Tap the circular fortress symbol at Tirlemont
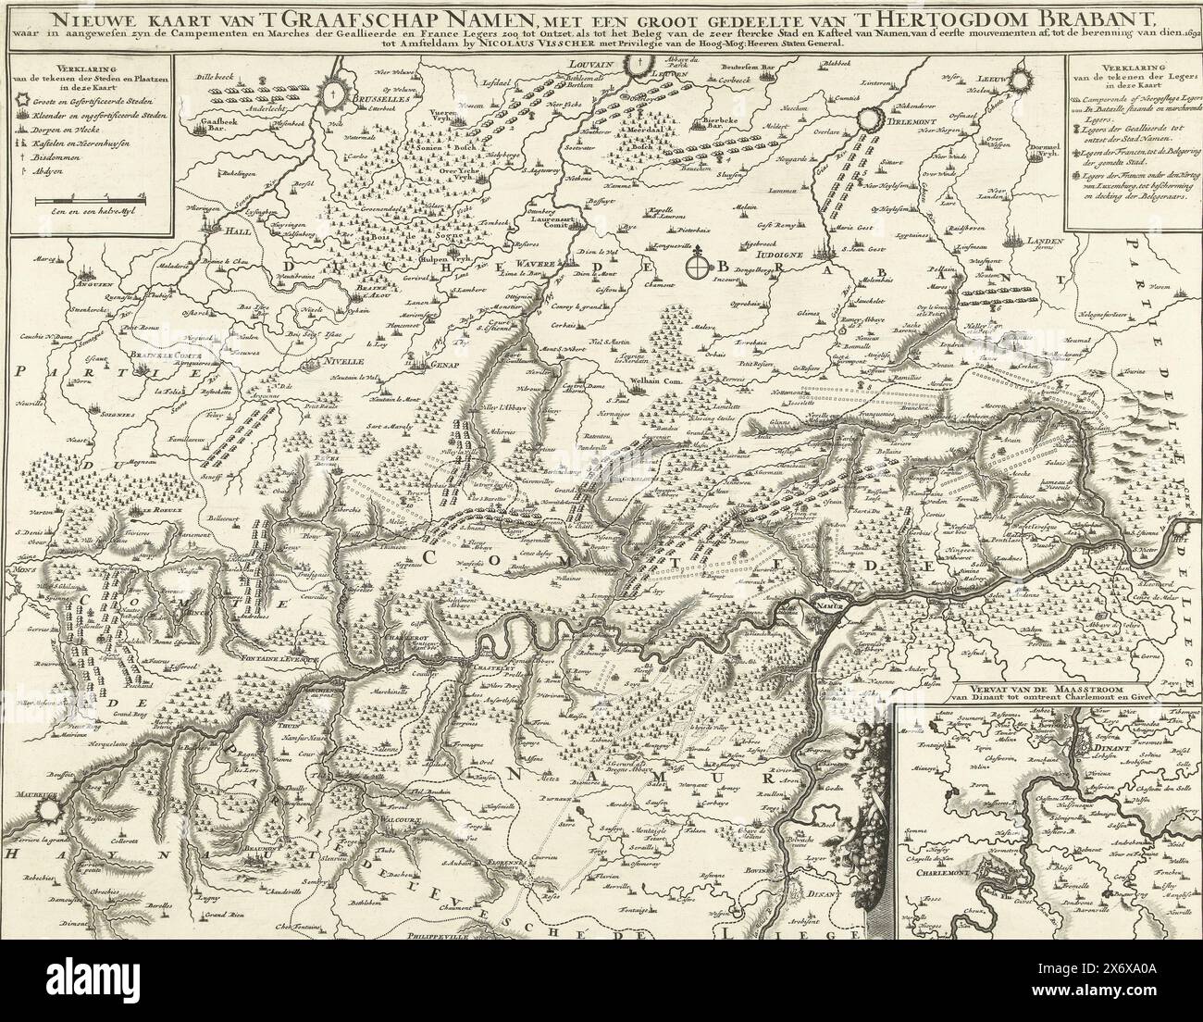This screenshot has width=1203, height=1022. click(872, 118)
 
